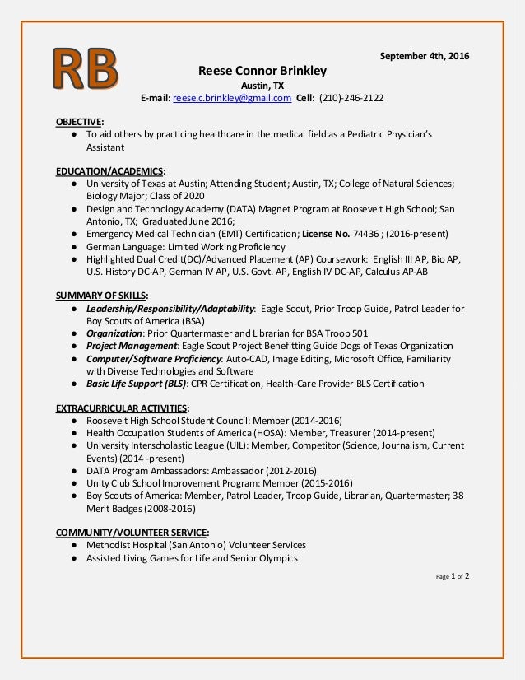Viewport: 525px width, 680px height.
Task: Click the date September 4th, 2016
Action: [x=424, y=55]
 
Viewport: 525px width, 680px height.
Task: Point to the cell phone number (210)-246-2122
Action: [x=351, y=99]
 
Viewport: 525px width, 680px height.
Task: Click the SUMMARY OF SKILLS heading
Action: [x=101, y=296]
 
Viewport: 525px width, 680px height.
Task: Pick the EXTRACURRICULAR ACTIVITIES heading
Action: [x=121, y=408]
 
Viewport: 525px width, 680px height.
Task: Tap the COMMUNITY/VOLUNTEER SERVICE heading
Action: [x=131, y=532]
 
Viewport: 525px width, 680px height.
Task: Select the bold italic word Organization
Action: [x=115, y=333]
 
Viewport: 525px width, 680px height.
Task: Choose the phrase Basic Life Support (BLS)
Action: [x=137, y=383]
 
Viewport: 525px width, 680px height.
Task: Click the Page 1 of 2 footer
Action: [x=452, y=576]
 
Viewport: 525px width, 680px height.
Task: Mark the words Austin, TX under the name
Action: [x=258, y=85]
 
